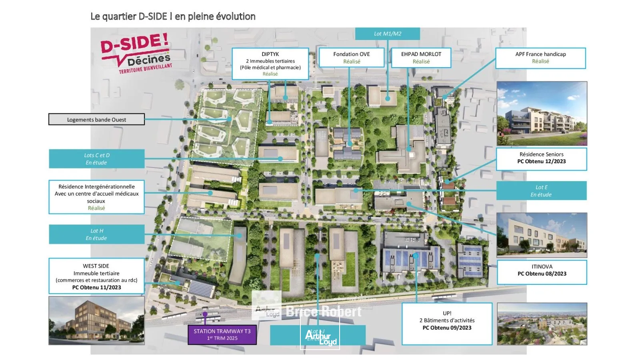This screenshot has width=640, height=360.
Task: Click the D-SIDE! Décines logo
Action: (136, 53)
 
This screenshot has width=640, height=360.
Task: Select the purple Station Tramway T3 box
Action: (222, 334)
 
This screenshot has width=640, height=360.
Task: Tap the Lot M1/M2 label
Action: (387, 34)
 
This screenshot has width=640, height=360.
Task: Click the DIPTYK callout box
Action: (270, 64)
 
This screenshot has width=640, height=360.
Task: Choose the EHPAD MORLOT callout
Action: (421, 58)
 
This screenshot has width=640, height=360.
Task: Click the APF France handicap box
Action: (540, 58)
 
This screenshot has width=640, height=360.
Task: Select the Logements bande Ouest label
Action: (96, 120)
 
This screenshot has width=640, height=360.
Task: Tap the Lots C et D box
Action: (96, 159)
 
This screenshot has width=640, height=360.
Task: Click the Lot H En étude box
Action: (96, 234)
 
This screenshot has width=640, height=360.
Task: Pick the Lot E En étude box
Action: (541, 191)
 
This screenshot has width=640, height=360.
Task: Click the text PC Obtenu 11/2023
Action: (96, 287)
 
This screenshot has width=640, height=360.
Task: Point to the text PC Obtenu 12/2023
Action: (541, 162)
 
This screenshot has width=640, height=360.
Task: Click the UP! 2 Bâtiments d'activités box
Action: (447, 323)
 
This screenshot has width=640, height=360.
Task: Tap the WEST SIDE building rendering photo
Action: (96, 320)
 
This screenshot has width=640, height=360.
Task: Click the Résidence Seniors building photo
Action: (542, 114)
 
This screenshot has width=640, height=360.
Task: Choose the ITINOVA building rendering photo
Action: (542, 235)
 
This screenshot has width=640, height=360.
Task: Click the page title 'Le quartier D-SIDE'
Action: (173, 16)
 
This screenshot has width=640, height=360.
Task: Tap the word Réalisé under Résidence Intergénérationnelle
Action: (96, 208)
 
